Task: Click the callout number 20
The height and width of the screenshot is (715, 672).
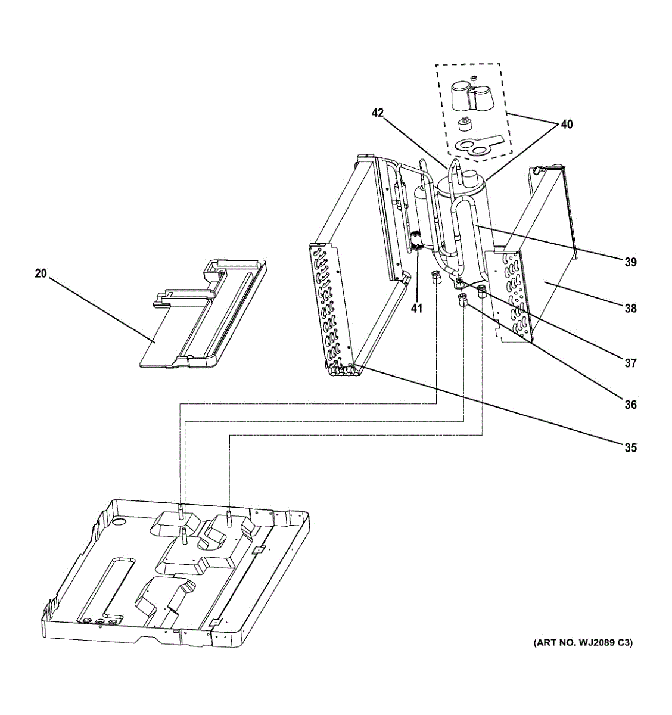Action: pos(41,273)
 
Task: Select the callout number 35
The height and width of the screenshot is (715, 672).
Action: pos(630,447)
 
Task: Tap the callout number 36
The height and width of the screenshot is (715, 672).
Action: pos(630,405)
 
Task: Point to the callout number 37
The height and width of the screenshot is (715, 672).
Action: pos(630,363)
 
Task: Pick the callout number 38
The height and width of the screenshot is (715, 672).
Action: pos(630,309)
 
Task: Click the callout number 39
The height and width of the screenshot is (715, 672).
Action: pos(630,262)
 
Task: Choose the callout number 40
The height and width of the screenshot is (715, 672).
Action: pos(566,125)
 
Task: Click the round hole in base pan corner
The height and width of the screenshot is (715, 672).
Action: pos(120,522)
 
